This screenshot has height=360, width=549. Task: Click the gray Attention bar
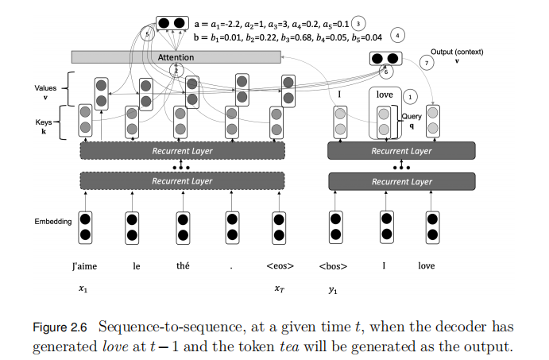(x=176, y=57)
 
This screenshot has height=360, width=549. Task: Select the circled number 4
(x=398, y=35)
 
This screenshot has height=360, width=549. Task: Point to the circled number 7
(x=428, y=63)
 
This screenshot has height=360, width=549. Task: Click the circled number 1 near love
(x=410, y=95)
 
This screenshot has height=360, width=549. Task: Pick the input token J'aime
(x=83, y=266)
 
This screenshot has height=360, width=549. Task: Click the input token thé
(x=183, y=266)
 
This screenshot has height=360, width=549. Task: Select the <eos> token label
(x=280, y=266)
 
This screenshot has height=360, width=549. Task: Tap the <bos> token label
(x=338, y=266)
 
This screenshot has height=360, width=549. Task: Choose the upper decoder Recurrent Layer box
(x=401, y=150)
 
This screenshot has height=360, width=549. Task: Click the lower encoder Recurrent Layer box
(x=181, y=182)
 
